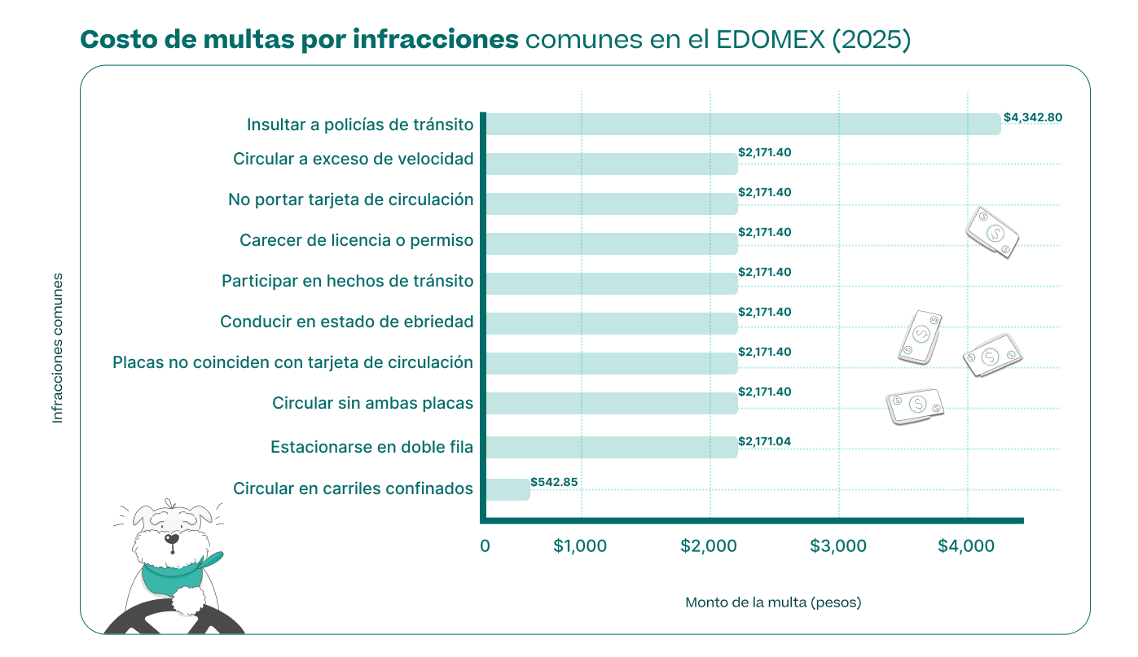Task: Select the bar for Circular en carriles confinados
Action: click(507, 489)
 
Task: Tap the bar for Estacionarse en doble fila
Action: click(611, 447)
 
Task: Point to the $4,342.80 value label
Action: click(1032, 117)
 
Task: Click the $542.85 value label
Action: click(554, 482)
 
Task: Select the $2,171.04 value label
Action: click(764, 441)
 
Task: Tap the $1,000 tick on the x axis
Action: click(580, 546)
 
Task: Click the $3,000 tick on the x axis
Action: click(838, 546)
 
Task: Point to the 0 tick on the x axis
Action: click(486, 546)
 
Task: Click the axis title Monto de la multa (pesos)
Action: click(773, 602)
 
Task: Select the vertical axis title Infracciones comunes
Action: click(58, 348)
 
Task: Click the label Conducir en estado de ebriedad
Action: click(346, 322)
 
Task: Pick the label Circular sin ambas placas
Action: click(372, 403)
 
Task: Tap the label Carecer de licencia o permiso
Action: click(356, 241)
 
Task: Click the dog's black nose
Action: click(172, 538)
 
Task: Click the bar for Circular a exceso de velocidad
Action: click(611, 164)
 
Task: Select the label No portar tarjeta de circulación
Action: click(350, 199)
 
